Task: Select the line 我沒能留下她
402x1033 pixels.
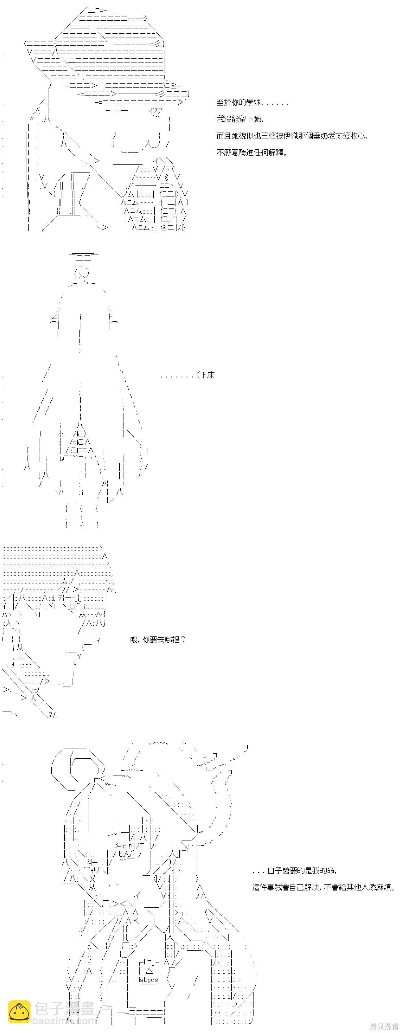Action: pos(240,119)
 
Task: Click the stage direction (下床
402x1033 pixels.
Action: pos(206,375)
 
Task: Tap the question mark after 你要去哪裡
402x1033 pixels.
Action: pos(183,640)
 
